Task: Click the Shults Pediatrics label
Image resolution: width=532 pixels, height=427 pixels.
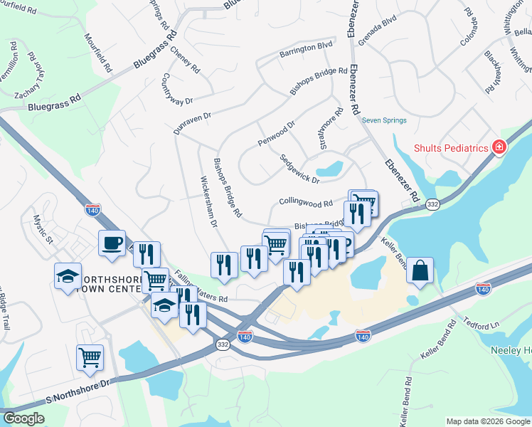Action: (x=452, y=148)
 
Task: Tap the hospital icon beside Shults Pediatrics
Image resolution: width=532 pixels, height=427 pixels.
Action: (x=499, y=147)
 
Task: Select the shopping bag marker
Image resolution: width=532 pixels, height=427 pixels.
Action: (x=420, y=270)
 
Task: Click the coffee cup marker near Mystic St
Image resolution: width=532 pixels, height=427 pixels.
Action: (x=112, y=243)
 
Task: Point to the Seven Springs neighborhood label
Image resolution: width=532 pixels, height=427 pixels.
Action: (x=384, y=120)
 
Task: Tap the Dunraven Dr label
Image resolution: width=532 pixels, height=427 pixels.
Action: (x=193, y=122)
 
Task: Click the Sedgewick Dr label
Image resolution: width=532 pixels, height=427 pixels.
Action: (x=299, y=169)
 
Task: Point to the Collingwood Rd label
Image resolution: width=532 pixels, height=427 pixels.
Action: (x=306, y=203)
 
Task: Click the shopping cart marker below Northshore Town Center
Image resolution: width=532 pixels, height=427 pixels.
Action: (x=90, y=357)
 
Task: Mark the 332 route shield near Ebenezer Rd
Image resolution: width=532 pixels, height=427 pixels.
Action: (x=432, y=204)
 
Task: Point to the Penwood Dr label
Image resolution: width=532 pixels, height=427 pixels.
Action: (x=276, y=134)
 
